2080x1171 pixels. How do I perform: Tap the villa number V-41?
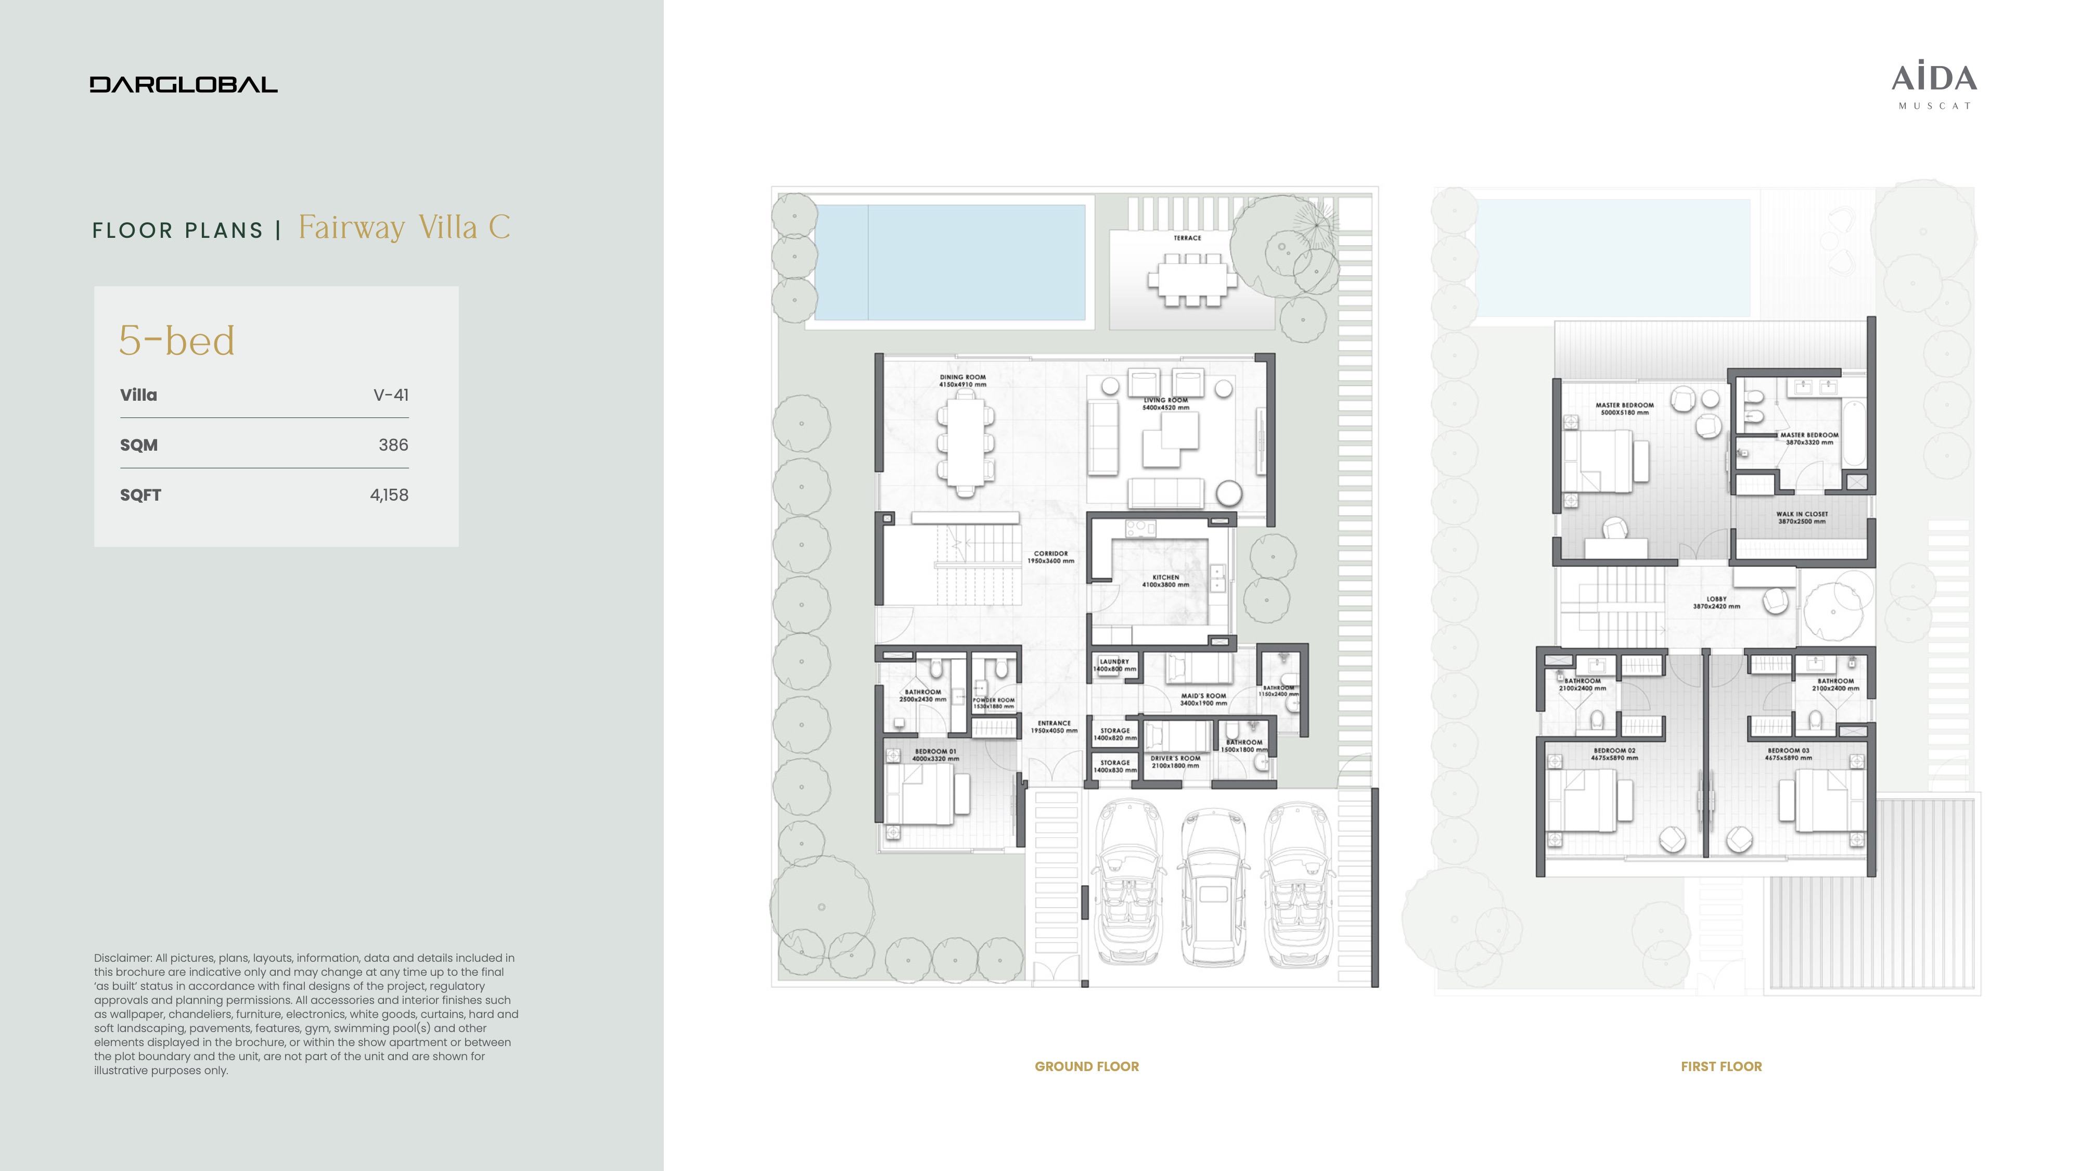[391, 395]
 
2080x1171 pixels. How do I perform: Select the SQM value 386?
[393, 445]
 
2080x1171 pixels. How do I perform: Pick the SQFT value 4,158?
[389, 495]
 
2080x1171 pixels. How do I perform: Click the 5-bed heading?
[177, 341]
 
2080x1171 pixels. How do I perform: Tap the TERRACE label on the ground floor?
[1187, 238]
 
